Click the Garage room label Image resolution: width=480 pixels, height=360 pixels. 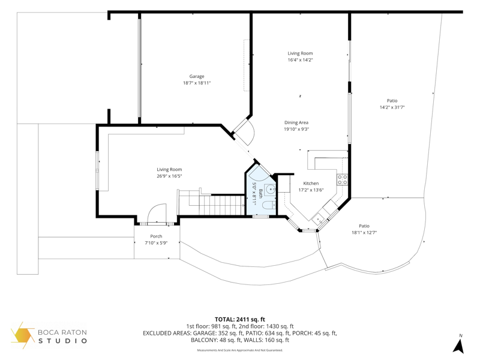pos(197,77)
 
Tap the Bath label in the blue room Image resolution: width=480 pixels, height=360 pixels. pos(261,193)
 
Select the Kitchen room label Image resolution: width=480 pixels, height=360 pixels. pos(311,184)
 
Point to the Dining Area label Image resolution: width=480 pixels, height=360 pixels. pos(296,123)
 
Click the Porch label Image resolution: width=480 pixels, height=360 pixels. pos(156,236)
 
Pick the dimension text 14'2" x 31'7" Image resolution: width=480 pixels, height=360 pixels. pos(392,107)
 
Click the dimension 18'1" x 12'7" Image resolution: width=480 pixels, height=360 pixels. pos(364,233)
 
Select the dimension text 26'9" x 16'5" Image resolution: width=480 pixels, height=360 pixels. pos(169,176)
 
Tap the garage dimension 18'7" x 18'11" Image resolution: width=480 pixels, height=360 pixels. pos(197,83)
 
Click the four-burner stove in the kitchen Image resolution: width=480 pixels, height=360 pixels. pos(342,179)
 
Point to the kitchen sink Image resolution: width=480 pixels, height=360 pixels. pos(319,219)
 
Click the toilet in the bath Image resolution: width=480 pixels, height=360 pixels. pos(269,205)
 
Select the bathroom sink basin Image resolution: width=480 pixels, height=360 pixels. pos(270,190)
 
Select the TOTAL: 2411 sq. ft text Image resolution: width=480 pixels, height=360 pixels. pos(239,320)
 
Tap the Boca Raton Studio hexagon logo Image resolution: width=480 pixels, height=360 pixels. pos(23,335)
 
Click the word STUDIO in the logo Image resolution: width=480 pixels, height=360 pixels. pos(62,340)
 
